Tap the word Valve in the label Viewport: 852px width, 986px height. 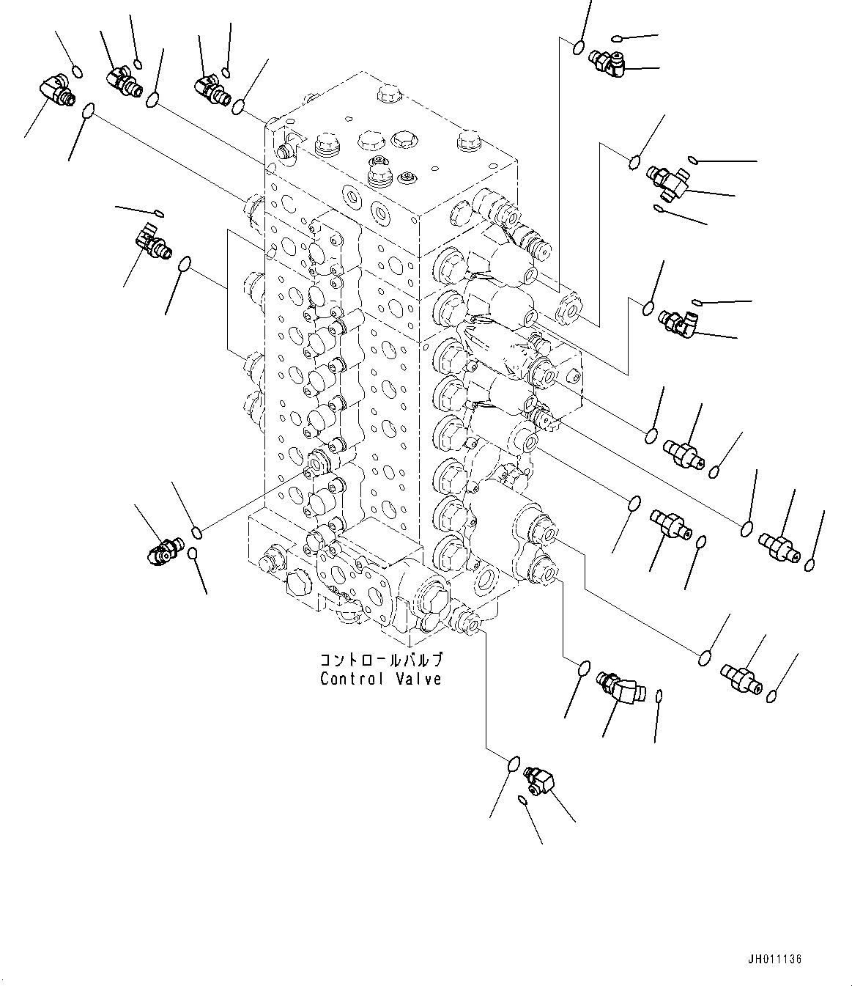(x=417, y=679)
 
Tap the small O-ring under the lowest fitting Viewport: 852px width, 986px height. (x=522, y=798)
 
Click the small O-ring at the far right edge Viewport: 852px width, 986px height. (x=810, y=564)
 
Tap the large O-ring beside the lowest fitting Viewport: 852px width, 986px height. (x=514, y=765)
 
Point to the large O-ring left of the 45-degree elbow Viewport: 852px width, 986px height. (x=584, y=669)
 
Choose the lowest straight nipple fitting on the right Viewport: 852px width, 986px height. (x=741, y=678)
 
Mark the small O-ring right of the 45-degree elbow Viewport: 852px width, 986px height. (x=659, y=695)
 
